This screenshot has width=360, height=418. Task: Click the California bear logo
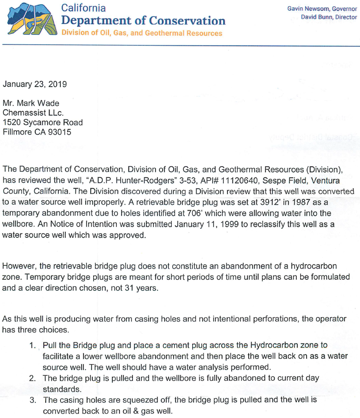[29, 20]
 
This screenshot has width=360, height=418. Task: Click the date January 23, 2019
[35, 83]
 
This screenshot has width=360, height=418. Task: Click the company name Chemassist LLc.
[33, 113]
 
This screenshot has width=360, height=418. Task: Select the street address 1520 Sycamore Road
[43, 123]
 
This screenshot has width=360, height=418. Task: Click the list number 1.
[32, 345]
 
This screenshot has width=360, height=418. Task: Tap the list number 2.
[32, 378]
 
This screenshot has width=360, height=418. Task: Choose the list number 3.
[32, 400]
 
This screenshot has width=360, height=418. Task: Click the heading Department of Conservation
[143, 21]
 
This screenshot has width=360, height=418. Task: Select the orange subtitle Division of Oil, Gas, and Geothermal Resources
[142, 33]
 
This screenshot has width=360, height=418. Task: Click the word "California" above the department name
[83, 8]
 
